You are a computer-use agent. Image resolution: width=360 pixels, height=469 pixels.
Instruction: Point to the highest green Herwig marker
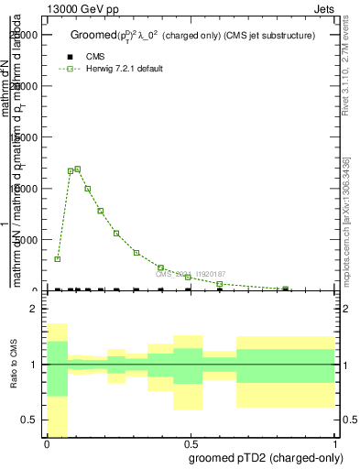pos(78,169)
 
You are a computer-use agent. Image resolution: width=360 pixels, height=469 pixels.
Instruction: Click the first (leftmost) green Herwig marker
pos(57,259)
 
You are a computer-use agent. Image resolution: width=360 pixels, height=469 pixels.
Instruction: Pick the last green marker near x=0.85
pos(287,289)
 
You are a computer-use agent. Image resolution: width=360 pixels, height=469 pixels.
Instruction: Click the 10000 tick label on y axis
pos(28,189)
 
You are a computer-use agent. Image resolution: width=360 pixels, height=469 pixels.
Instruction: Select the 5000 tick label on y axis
pos(31,240)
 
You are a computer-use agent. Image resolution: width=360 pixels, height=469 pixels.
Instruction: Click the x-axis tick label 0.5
pos(190,442)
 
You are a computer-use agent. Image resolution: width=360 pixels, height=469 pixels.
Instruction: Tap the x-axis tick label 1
pos(333,442)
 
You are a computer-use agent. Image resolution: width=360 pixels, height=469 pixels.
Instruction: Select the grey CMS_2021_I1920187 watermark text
pos(190,274)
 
